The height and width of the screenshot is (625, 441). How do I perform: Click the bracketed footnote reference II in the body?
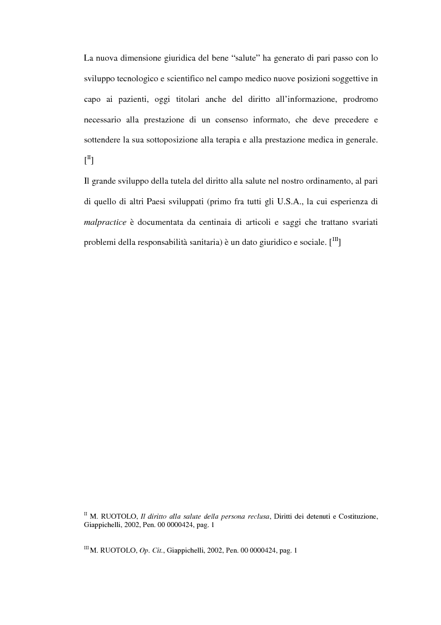tap(89, 161)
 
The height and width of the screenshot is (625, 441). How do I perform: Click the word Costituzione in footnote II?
tap(356, 516)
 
